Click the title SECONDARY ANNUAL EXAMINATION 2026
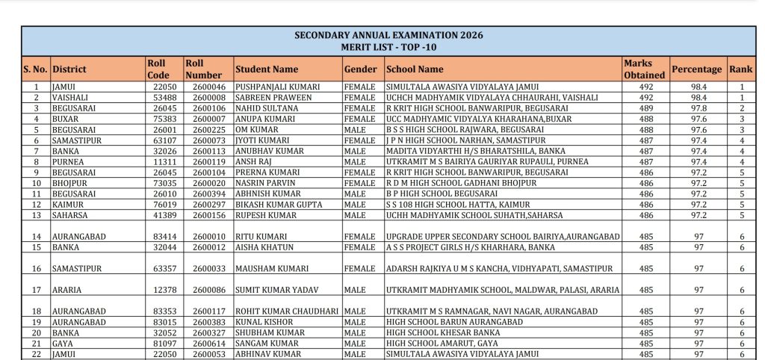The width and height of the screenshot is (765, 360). point(388,35)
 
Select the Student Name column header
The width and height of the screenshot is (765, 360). point(267,69)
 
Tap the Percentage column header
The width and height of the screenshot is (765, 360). point(696,69)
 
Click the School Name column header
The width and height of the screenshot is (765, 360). point(415,69)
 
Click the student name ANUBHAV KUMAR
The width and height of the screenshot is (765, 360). point(266,150)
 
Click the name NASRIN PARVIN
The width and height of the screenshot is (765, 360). point(264,181)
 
